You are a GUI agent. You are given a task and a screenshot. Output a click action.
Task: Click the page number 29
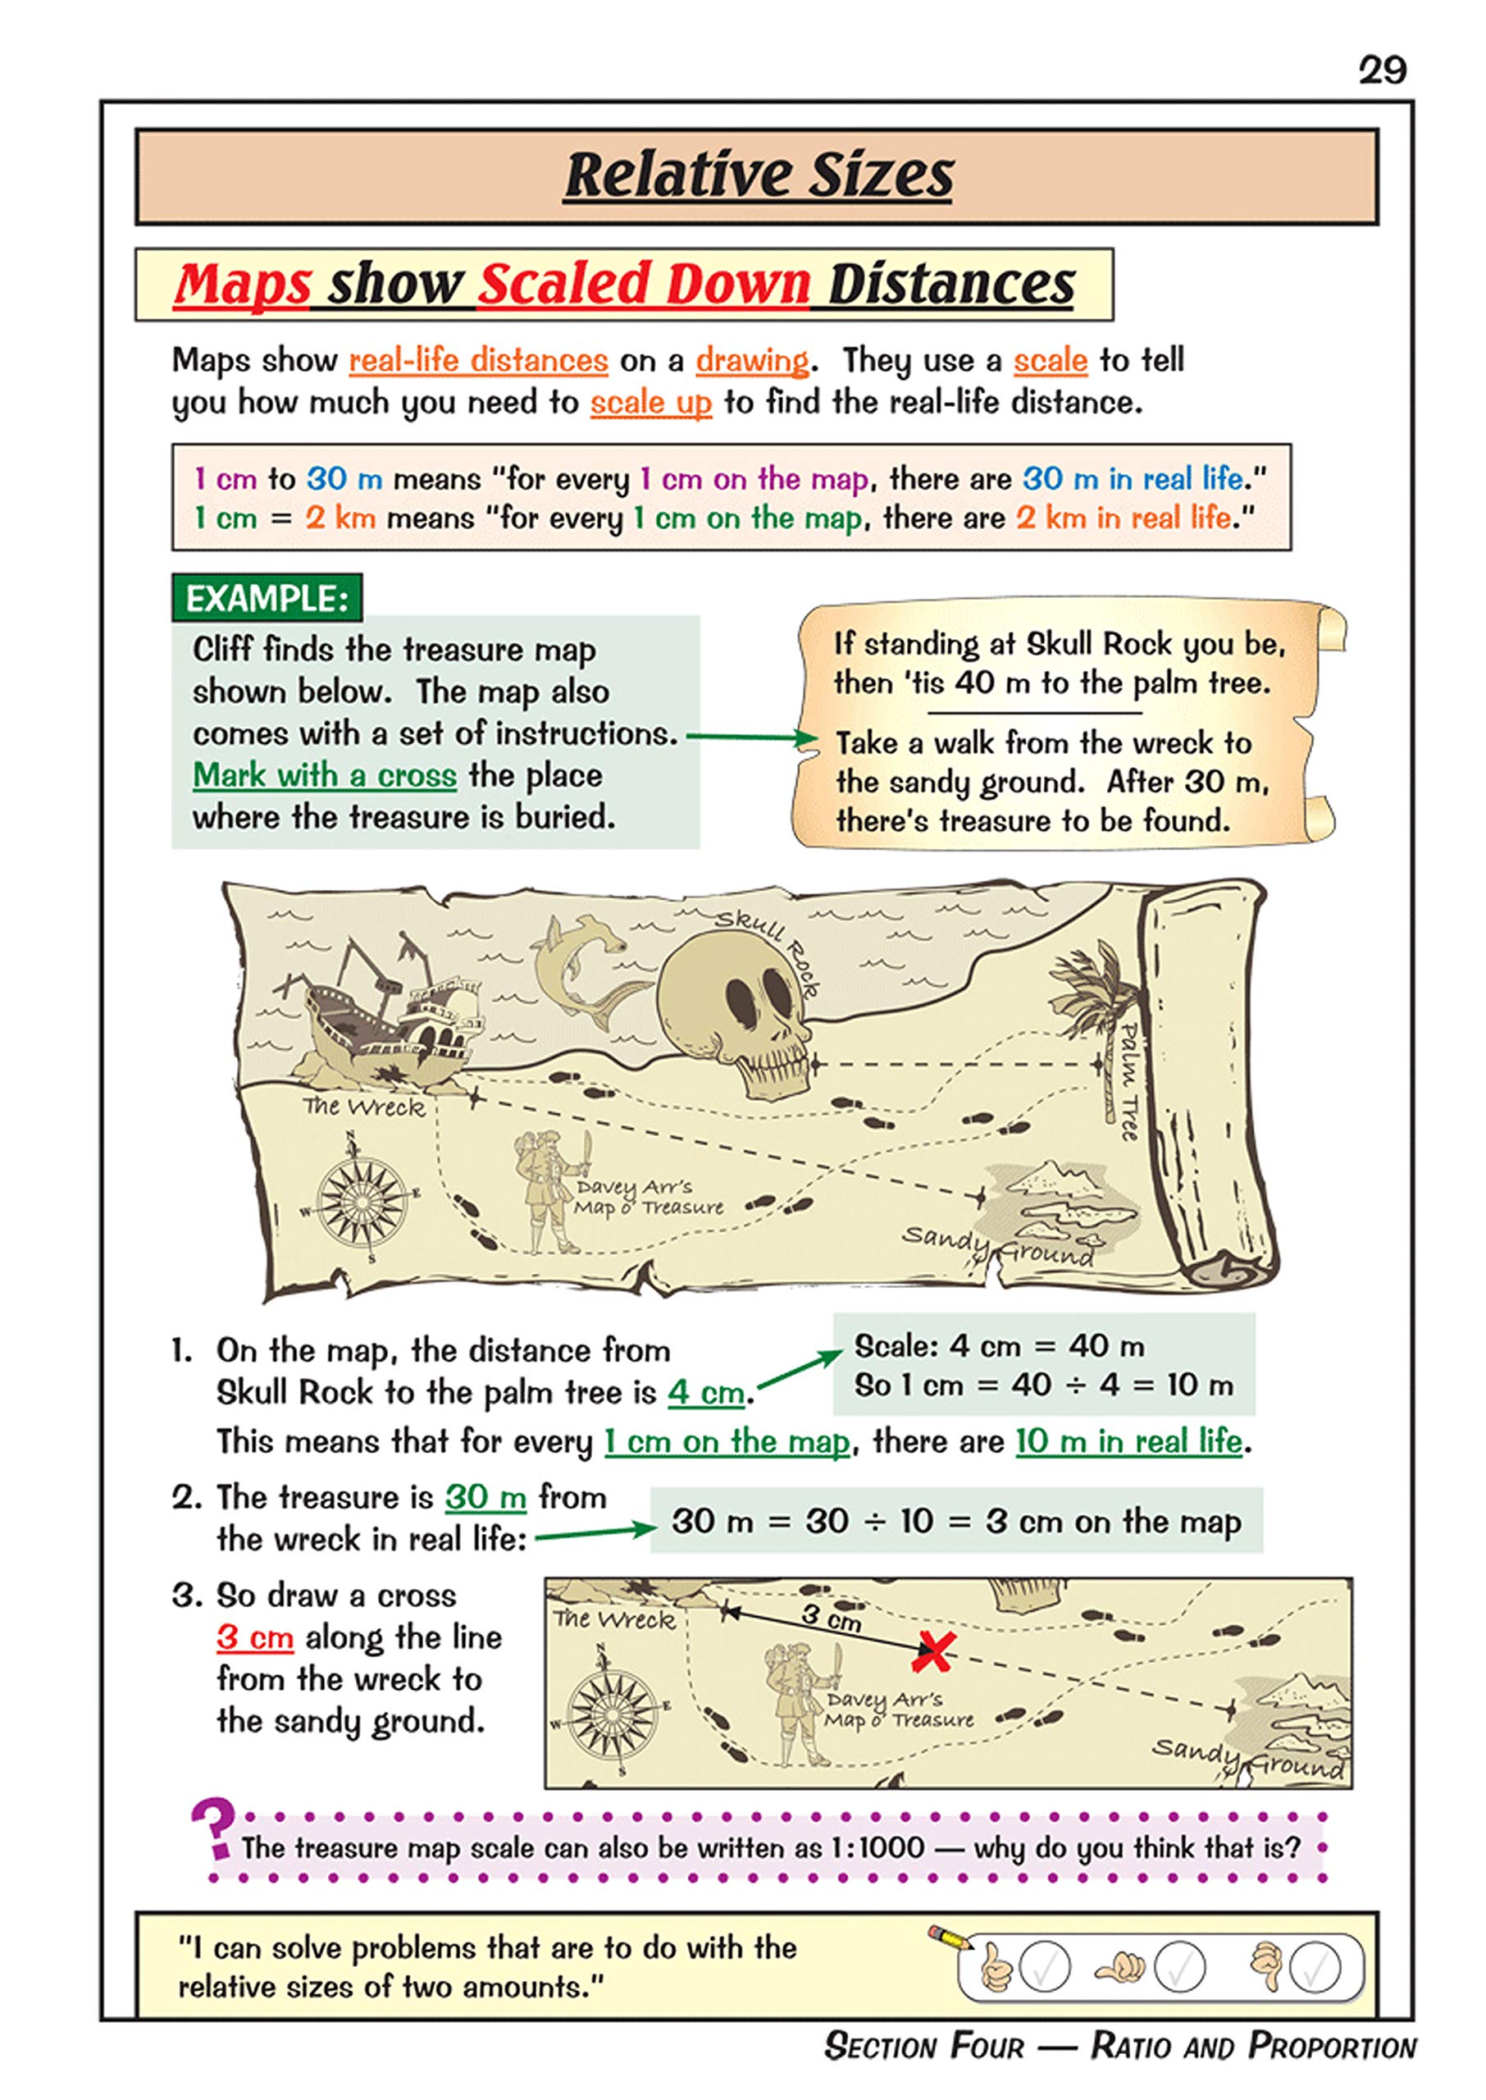pos(1382,71)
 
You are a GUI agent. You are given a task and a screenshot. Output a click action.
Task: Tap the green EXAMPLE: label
pos(267,599)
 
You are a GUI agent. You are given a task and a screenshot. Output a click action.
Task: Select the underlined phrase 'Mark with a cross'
pos(324,775)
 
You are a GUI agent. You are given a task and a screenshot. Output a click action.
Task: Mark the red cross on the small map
pos(934,1650)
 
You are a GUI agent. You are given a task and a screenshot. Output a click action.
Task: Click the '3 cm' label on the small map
pos(831,1618)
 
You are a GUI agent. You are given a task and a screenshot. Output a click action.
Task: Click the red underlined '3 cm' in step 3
pos(254,1637)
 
